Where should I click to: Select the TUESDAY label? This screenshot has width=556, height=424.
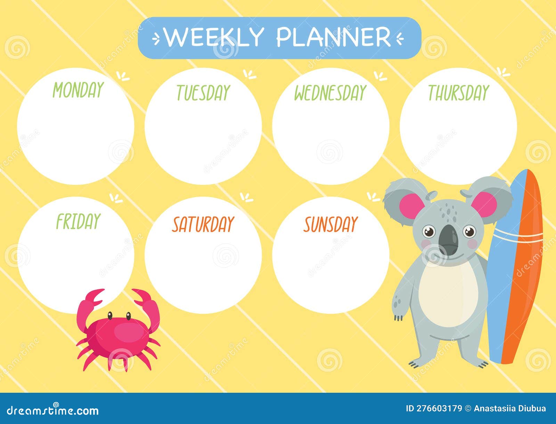(x=203, y=92)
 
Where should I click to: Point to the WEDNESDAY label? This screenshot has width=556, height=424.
(x=330, y=92)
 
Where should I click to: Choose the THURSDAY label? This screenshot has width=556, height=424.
(x=458, y=92)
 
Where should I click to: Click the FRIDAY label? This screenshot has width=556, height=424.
(x=78, y=221)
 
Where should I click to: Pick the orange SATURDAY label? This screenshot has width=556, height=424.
(x=203, y=224)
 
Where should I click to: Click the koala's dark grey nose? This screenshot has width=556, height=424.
(x=449, y=240)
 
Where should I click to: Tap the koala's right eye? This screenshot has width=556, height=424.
(x=469, y=231)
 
